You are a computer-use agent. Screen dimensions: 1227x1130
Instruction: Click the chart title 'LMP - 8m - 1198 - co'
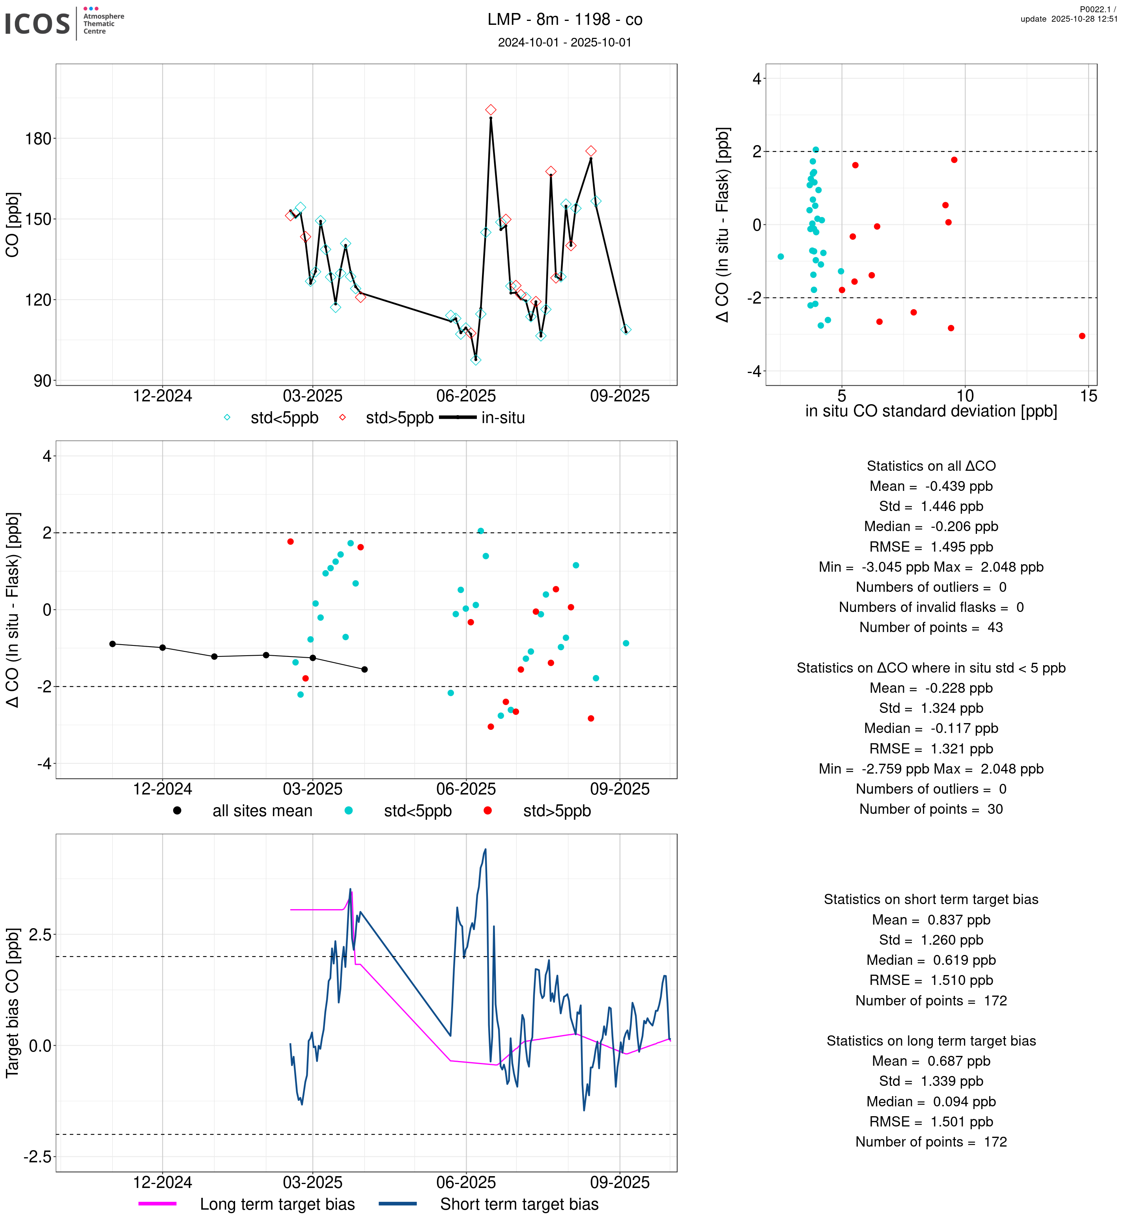(564, 20)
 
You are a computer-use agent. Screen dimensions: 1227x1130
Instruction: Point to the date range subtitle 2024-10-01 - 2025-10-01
(564, 42)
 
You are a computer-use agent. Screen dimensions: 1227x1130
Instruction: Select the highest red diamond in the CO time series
(490, 110)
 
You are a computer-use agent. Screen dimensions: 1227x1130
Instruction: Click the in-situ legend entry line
(458, 418)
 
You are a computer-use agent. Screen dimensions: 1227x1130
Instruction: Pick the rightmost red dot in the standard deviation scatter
(1082, 336)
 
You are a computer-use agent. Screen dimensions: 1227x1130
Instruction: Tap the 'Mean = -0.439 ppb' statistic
(931, 486)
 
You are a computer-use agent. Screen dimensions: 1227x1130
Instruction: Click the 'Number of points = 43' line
(931, 627)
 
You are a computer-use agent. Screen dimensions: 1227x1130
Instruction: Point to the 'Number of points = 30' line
(931, 809)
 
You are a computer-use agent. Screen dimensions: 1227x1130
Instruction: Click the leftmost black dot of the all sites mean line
(112, 644)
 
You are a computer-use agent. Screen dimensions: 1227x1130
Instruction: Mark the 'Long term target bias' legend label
(277, 1204)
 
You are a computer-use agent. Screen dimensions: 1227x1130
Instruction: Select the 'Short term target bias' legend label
(519, 1204)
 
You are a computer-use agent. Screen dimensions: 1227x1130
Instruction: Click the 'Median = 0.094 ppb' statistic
(931, 1101)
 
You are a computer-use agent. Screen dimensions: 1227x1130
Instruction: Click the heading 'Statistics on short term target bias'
(931, 899)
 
